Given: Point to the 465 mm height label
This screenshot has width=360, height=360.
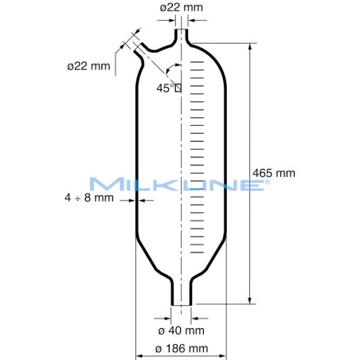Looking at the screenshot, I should [273, 172].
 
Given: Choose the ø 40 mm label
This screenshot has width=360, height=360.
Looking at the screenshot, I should [182, 329].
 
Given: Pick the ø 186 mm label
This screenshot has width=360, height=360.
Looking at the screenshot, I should [182, 347].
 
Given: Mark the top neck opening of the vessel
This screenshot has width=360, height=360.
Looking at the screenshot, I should [182, 36].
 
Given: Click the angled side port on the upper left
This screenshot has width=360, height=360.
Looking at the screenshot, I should [133, 49].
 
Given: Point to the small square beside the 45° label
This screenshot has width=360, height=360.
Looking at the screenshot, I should [178, 88].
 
